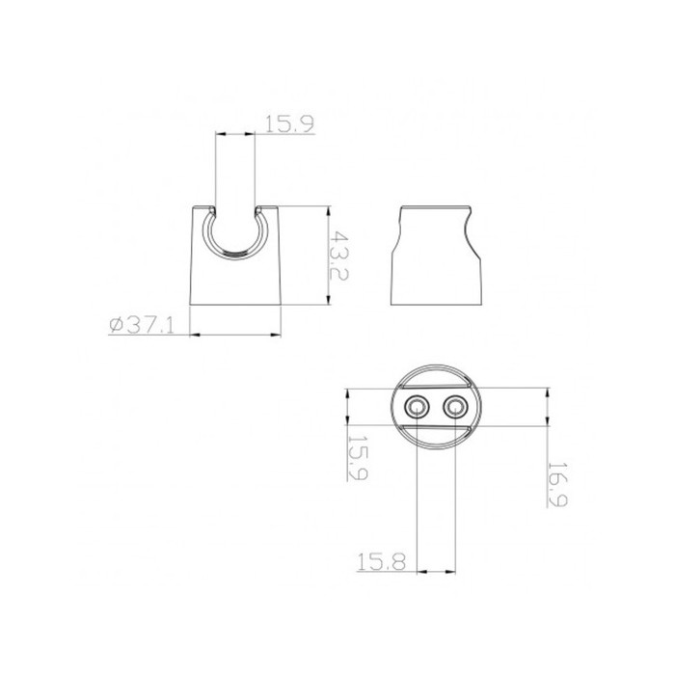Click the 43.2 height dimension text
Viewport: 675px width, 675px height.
tap(338, 256)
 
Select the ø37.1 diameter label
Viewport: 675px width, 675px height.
tap(142, 325)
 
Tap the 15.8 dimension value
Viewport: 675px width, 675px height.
tap(382, 562)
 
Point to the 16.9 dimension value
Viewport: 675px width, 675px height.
tap(557, 484)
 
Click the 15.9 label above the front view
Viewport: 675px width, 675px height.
tap(289, 124)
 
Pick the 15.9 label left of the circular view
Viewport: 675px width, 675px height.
tap(358, 456)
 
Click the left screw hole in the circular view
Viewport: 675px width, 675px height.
tap(418, 406)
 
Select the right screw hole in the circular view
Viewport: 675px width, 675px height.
tap(455, 406)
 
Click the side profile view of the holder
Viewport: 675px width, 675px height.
tap(435, 256)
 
